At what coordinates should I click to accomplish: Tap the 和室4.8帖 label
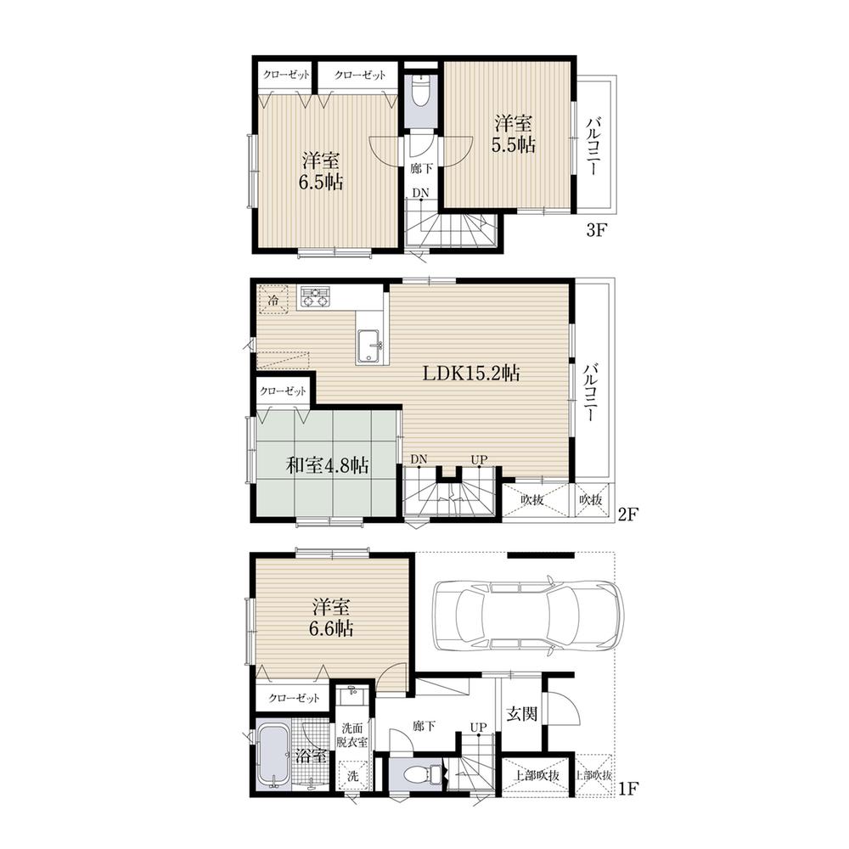pyautogui.click(x=327, y=465)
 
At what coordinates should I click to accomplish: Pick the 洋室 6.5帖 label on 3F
pyautogui.click(x=323, y=171)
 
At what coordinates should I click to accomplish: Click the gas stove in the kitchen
pyautogui.click(x=316, y=297)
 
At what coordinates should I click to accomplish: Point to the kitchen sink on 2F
pyautogui.click(x=371, y=345)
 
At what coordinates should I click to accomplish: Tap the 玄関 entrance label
pyautogui.click(x=520, y=713)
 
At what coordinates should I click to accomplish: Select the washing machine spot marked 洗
pyautogui.click(x=350, y=776)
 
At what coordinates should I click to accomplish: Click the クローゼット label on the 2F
pyautogui.click(x=284, y=391)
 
